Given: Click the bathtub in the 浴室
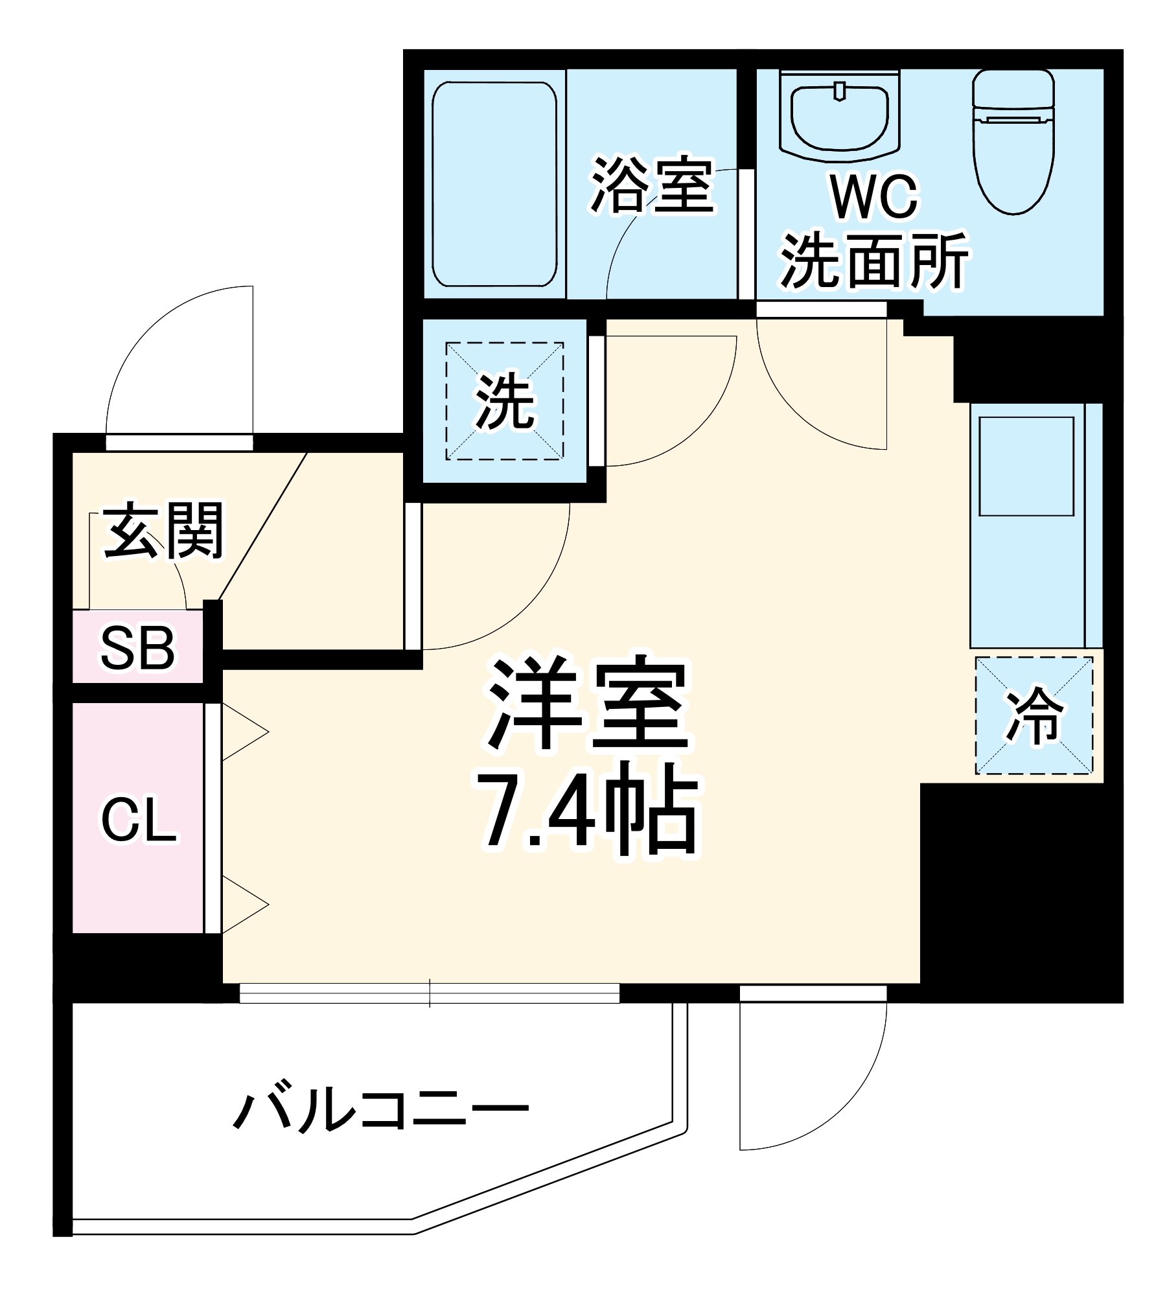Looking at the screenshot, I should pyautogui.click(x=494, y=184).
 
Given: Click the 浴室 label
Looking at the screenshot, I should pyautogui.click(x=652, y=185).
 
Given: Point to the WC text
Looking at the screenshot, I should pyautogui.click(x=874, y=196).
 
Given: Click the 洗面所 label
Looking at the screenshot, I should pyautogui.click(x=874, y=260).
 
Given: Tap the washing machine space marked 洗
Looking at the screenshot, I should pyautogui.click(x=504, y=400).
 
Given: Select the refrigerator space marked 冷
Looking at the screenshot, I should pyautogui.click(x=1034, y=715).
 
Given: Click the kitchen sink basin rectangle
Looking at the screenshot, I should pyautogui.click(x=1026, y=466).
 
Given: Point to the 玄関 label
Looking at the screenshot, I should pyautogui.click(x=164, y=531).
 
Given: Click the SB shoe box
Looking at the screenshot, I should pyautogui.click(x=137, y=647).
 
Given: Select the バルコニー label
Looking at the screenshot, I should pyautogui.click(x=381, y=1113).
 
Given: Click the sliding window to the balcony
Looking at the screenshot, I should pyautogui.click(x=429, y=993).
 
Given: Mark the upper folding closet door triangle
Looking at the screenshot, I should pyautogui.click(x=243, y=733).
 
